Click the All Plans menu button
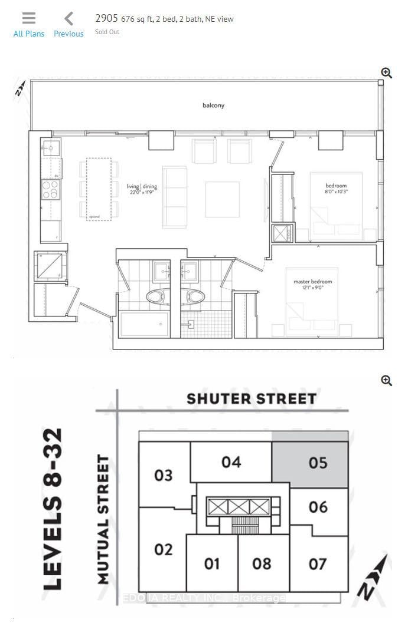pyautogui.click(x=29, y=25)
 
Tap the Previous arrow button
pyautogui.click(x=68, y=25)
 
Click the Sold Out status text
pyautogui.click(x=107, y=32)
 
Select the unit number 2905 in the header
pyautogui.click(x=107, y=18)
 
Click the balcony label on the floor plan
pyautogui.click(x=213, y=105)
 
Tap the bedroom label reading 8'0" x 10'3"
pyautogui.click(x=335, y=189)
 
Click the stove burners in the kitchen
pyautogui.click(x=50, y=190)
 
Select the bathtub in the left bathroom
pyautogui.click(x=144, y=324)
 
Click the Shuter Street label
pyautogui.click(x=251, y=399)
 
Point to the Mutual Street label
pyautogui.click(x=104, y=519)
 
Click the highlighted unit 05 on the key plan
pyautogui.click(x=318, y=463)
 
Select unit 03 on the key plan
pyautogui.click(x=164, y=474)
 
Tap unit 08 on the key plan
pyautogui.click(x=262, y=563)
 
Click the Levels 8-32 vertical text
pyautogui.click(x=54, y=509)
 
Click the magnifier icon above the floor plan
pyautogui.click(x=387, y=72)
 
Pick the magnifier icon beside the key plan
pyautogui.click(x=387, y=380)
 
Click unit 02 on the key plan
pyautogui.click(x=163, y=549)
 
